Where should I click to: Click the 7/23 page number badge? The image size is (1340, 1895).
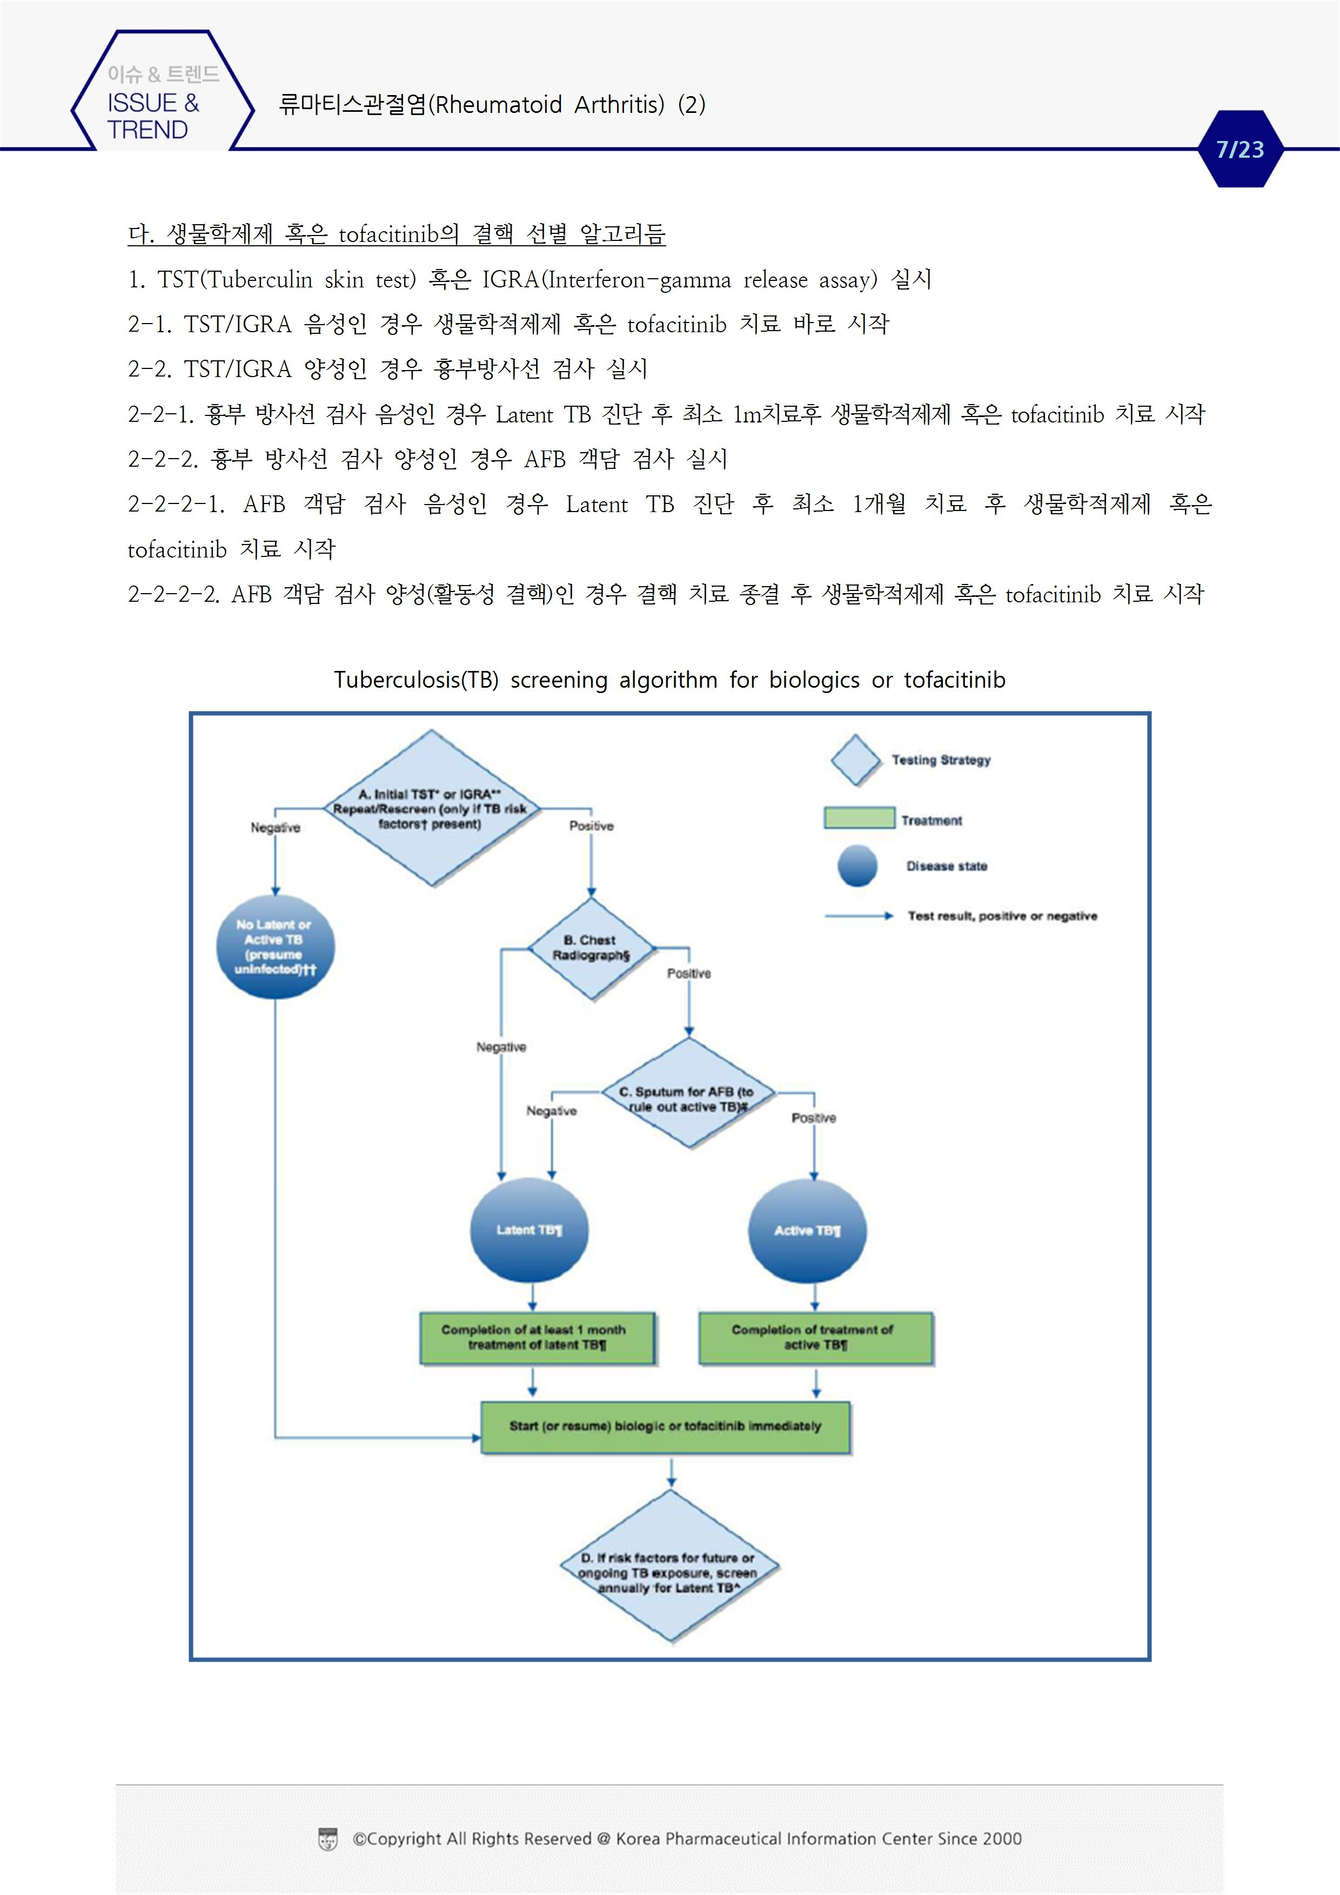[1239, 150]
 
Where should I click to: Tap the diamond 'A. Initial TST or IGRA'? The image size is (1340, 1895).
[431, 808]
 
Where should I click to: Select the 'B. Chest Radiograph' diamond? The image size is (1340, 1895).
[591, 949]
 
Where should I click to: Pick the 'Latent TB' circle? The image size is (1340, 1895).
[529, 1230]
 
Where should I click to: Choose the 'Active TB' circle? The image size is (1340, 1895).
[807, 1231]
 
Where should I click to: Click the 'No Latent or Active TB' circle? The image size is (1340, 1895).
[275, 946]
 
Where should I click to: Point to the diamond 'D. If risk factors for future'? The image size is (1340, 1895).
[669, 1568]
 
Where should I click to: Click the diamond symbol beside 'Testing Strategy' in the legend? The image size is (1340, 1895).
[856, 760]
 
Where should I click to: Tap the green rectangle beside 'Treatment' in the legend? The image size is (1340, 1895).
[859, 818]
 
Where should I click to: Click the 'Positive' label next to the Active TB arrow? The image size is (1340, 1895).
[813, 1118]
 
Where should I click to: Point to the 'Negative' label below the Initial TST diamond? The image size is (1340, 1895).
[276, 828]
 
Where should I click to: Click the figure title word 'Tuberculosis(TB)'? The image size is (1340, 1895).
[416, 680]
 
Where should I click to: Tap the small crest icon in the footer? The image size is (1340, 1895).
[328, 1839]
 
